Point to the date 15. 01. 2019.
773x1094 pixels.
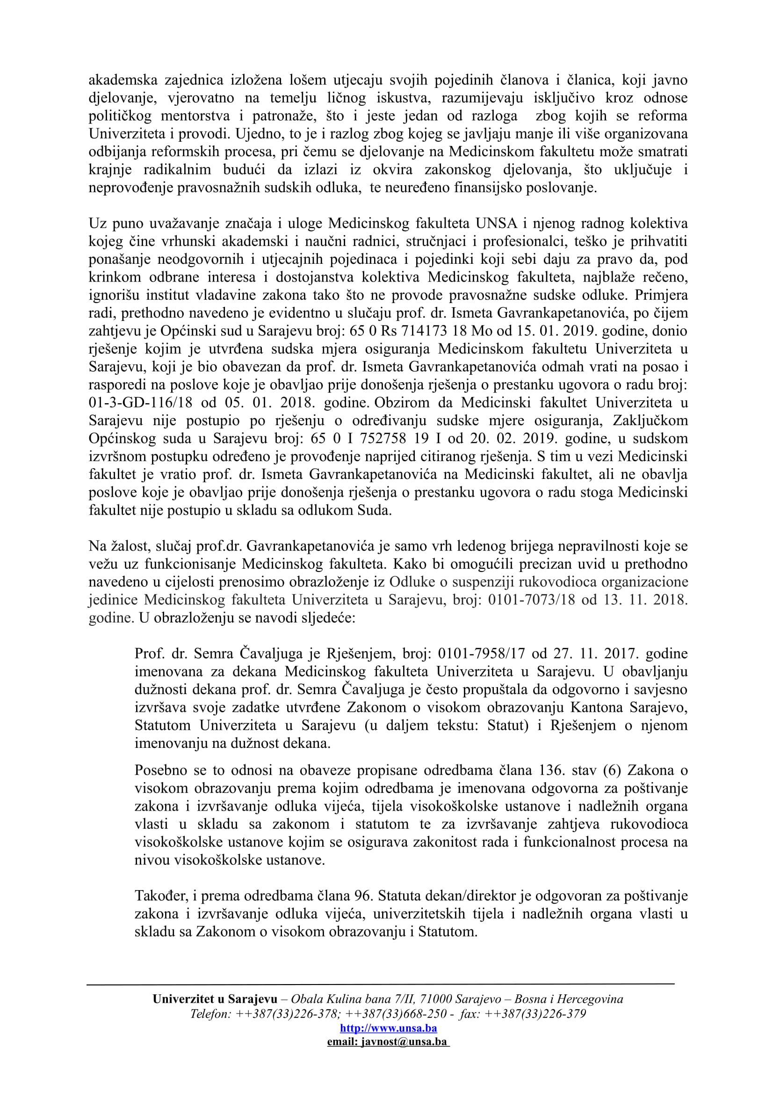coord(553,331)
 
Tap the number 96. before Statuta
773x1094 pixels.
coord(364,896)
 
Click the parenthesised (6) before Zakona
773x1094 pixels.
coord(612,770)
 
